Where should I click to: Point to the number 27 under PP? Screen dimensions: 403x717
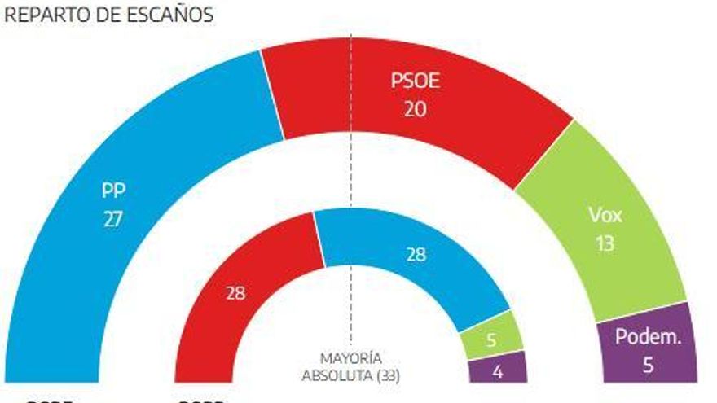[113, 219]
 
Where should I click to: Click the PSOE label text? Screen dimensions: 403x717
[415, 81]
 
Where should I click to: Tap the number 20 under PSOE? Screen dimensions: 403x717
[415, 108]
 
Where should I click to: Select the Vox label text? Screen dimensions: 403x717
[605, 216]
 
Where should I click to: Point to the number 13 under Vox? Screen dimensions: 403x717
[605, 243]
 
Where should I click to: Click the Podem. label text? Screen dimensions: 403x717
[648, 338]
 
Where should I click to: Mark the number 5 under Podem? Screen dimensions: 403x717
[648, 365]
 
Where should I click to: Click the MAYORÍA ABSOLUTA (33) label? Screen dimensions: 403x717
[351, 367]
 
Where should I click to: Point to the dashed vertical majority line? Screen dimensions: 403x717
[351, 163]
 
